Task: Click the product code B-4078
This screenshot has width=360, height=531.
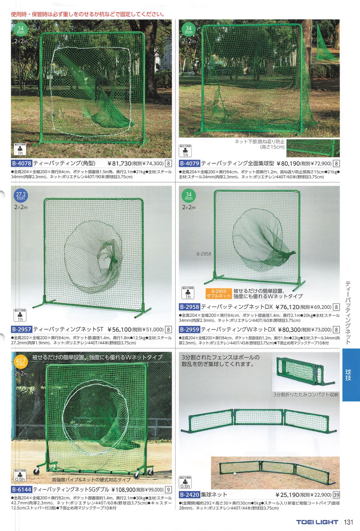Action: (x=21, y=164)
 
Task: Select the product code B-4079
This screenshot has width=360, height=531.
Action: (x=190, y=164)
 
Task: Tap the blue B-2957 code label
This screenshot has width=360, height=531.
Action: (x=21, y=329)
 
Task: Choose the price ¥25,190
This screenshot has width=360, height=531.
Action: (x=287, y=495)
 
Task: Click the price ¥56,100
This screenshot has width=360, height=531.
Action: (x=120, y=329)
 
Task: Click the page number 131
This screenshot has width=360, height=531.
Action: (x=349, y=522)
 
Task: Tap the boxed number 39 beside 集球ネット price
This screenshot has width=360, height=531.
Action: (x=336, y=495)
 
